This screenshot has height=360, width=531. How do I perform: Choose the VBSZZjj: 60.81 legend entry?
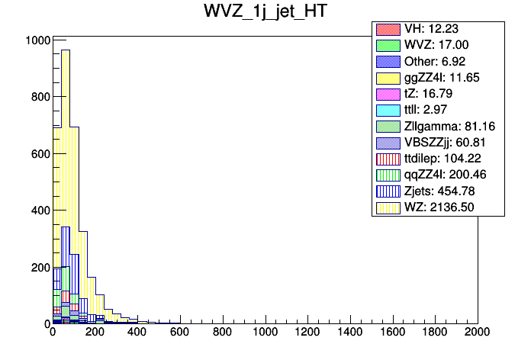442,142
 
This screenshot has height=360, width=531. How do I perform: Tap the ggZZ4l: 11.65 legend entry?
439,78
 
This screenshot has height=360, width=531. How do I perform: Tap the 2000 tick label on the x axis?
478,333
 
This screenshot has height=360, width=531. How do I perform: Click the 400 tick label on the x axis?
137,333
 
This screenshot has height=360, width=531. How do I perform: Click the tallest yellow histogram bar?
66,153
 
